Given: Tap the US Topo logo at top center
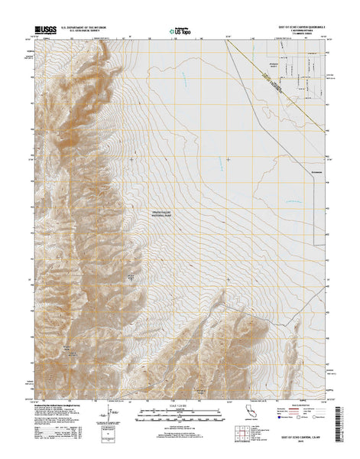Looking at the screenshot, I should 179,31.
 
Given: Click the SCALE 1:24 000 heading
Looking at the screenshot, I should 179,405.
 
